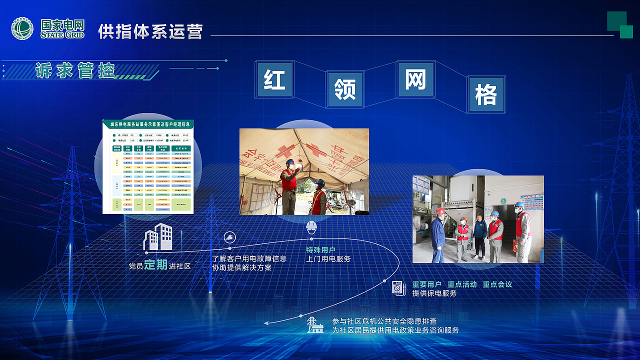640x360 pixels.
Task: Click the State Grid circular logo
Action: (x=22, y=28)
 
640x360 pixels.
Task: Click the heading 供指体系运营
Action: (x=150, y=31)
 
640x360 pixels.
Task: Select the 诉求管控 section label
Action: (x=75, y=70)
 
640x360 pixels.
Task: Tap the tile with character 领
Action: (x=345, y=89)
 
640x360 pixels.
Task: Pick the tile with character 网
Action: (x=415, y=79)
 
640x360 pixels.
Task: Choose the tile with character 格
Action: (x=486, y=94)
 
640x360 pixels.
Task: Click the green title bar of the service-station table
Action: (x=148, y=124)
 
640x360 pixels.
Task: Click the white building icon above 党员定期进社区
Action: (x=158, y=237)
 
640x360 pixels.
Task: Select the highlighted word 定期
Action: (x=156, y=265)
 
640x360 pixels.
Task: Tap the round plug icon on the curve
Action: (x=229, y=237)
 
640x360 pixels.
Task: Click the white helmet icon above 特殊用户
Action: (x=311, y=227)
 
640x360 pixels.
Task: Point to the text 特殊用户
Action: (x=320, y=249)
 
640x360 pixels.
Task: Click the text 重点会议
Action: (x=497, y=284)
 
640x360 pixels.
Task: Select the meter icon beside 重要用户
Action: (x=398, y=288)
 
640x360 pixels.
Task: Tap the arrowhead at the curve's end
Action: (x=266, y=323)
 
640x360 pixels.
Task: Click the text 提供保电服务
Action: (x=434, y=293)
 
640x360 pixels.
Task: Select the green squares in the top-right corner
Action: (x=620, y=24)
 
